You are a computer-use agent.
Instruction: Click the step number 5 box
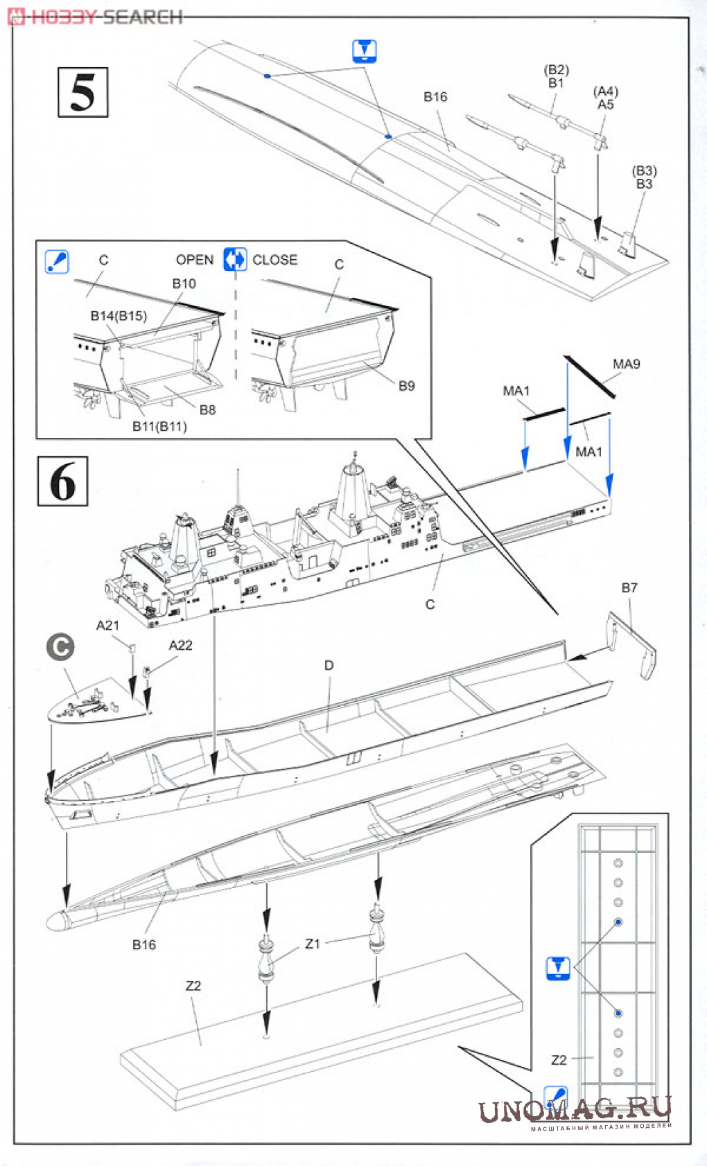[x=82, y=92]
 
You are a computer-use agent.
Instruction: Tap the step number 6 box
[x=62, y=481]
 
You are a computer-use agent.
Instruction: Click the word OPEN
[x=194, y=260]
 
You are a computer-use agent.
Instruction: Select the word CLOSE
[x=274, y=260]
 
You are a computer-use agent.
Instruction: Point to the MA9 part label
[x=626, y=364]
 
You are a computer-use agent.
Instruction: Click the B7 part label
[x=629, y=588]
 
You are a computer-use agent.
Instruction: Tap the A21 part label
[x=107, y=626]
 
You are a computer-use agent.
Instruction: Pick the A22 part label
[x=180, y=646]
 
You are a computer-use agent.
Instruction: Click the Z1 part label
[x=313, y=944]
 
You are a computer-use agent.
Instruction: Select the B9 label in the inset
[x=406, y=386]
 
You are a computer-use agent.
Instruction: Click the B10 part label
[x=184, y=284]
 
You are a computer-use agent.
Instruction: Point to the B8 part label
[x=207, y=410]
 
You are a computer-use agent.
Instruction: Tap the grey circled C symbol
[x=60, y=647]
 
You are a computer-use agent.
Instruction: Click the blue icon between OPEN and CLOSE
[x=235, y=260]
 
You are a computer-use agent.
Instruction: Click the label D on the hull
[x=329, y=665]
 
